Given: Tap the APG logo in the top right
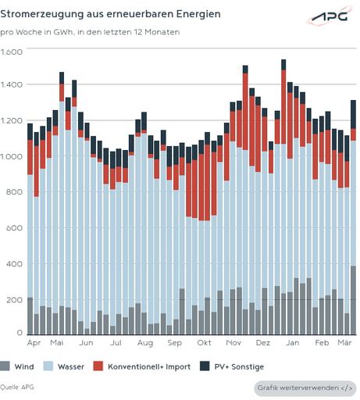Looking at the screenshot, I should [328, 17].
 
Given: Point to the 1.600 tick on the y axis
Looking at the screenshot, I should [12, 51].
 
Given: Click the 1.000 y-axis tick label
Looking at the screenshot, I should [12, 157].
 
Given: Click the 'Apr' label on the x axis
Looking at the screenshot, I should [34, 343].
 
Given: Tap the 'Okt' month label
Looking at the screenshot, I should [205, 343].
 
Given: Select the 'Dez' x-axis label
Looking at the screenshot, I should [263, 343].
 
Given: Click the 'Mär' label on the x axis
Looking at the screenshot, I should [345, 343].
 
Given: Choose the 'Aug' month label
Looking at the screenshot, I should [144, 343].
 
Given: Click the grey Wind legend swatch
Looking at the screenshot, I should [6, 366].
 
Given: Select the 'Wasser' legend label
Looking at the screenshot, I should [72, 366].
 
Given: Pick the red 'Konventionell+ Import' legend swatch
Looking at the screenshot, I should [98, 366].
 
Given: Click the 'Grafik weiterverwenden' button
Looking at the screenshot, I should [304, 388].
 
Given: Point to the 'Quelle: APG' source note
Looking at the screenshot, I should [17, 387].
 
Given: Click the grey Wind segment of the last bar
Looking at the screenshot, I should [353, 300].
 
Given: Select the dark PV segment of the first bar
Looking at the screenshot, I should [30, 131].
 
